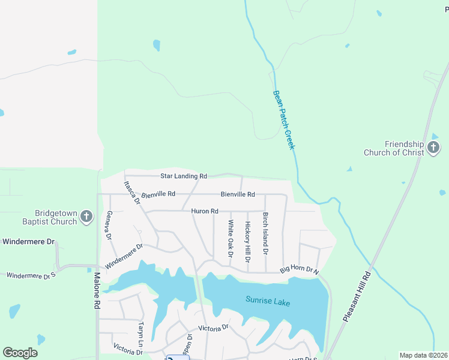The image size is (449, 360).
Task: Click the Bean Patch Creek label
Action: pos(284,119)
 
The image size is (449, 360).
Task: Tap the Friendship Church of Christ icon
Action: pos(433,148)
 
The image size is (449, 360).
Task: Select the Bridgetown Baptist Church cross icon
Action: pos(86,217)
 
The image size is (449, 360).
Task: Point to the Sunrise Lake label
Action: pos(268,302)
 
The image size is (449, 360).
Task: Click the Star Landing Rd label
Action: pos(184,176)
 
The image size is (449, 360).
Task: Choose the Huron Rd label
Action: pos(204,211)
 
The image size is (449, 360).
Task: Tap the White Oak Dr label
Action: pos(230,238)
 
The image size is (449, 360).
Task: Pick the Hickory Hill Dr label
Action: pos(247,241)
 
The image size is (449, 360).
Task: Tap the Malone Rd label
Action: pos(97,292)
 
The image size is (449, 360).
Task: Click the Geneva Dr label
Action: pos(109,225)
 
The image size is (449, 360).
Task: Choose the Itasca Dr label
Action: pos(132,193)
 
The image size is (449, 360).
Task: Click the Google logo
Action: pos(20,353)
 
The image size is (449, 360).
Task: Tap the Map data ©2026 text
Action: pos(423,355)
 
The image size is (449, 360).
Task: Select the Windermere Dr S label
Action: pos(31,274)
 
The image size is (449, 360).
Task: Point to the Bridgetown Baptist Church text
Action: pos(56,217)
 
